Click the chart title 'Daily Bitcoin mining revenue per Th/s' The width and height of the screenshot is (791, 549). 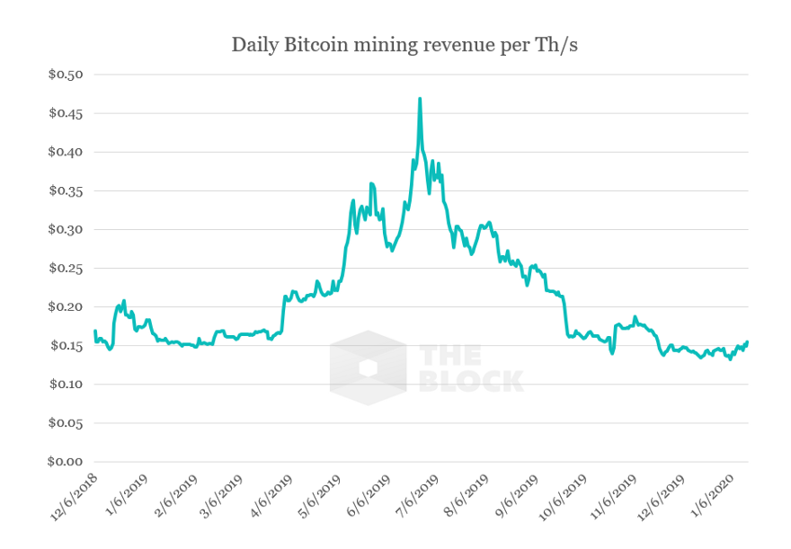point(404,44)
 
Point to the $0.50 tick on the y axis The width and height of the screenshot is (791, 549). point(65,75)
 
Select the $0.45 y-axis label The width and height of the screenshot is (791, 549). point(65,113)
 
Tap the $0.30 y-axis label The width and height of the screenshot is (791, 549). point(65,230)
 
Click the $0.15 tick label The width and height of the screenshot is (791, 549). point(65,346)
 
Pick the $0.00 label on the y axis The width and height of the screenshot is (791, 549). point(65,462)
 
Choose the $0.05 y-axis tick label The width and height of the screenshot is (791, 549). point(65,423)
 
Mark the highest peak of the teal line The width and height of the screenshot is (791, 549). point(420,99)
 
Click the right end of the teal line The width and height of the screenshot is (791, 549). point(747,341)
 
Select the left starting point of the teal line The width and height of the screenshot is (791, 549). point(94,332)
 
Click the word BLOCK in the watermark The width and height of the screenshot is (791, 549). point(471,380)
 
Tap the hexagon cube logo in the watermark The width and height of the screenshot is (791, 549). point(368,367)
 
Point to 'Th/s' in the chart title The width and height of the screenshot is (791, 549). point(556,44)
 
